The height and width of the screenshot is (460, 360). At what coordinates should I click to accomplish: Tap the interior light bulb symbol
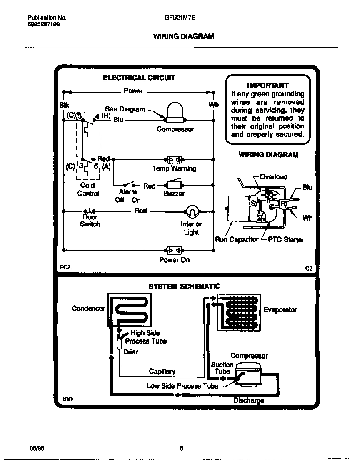pyautogui.click(x=191, y=212)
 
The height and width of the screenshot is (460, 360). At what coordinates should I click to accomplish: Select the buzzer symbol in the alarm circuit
pyautogui.click(x=174, y=185)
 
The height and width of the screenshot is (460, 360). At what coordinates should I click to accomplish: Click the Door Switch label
pyautogui.click(x=90, y=221)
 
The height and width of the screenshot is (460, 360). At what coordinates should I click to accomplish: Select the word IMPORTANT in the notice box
pyautogui.click(x=267, y=85)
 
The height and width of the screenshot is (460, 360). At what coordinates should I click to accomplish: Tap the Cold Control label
pyautogui.click(x=88, y=189)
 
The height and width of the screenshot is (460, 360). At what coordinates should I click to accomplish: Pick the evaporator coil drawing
pyautogui.click(x=239, y=313)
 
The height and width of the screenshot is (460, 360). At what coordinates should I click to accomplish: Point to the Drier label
pyautogui.click(x=130, y=352)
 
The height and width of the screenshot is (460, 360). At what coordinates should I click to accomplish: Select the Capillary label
pyautogui.click(x=162, y=372)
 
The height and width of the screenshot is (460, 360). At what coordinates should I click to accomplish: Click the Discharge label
pyautogui.click(x=249, y=401)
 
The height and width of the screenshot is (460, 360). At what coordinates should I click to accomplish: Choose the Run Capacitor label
pyautogui.click(x=236, y=240)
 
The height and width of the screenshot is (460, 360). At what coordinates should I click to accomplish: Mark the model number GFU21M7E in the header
pyautogui.click(x=183, y=18)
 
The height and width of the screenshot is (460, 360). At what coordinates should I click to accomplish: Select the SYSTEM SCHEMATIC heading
pyautogui.click(x=184, y=286)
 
